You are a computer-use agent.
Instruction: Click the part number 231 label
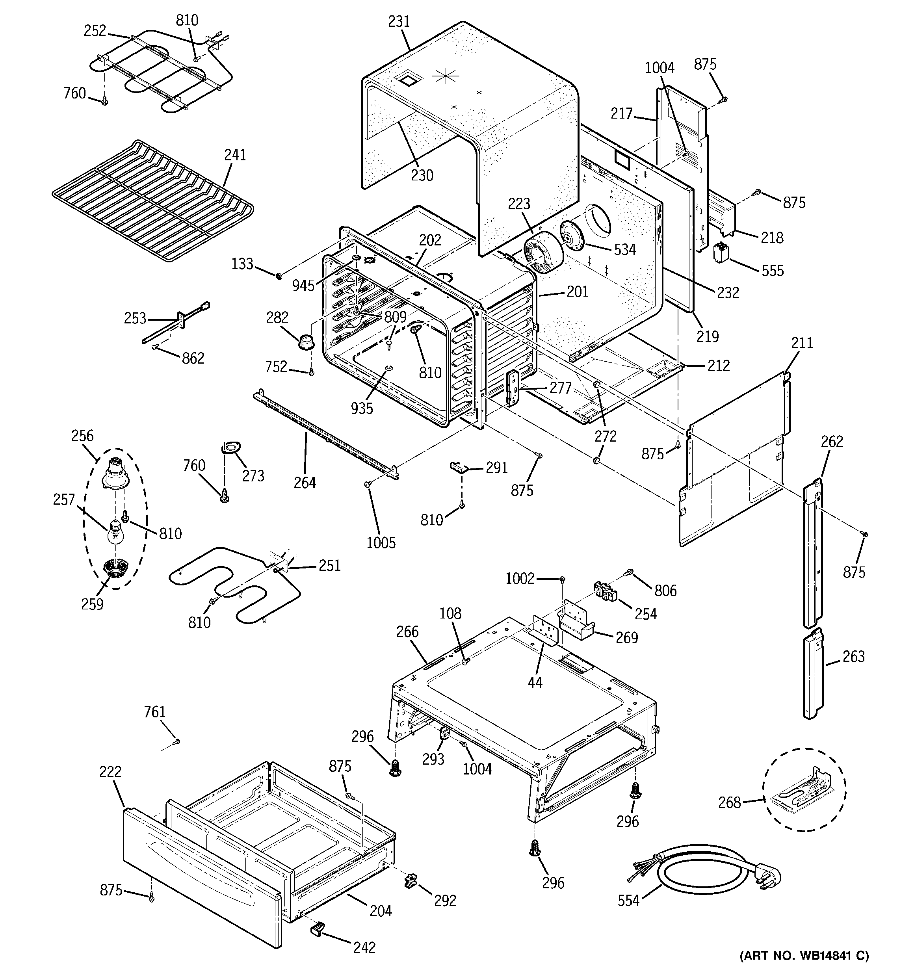click(x=398, y=22)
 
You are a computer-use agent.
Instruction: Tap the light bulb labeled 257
click(x=116, y=533)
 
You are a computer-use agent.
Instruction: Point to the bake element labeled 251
click(x=230, y=584)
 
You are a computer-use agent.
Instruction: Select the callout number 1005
click(x=381, y=542)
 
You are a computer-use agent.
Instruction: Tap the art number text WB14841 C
click(x=804, y=955)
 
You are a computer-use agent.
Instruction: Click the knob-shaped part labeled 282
click(x=307, y=340)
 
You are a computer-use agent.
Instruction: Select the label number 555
click(x=773, y=271)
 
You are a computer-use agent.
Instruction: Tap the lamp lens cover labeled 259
click(x=116, y=570)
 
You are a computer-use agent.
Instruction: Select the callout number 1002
click(x=520, y=579)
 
